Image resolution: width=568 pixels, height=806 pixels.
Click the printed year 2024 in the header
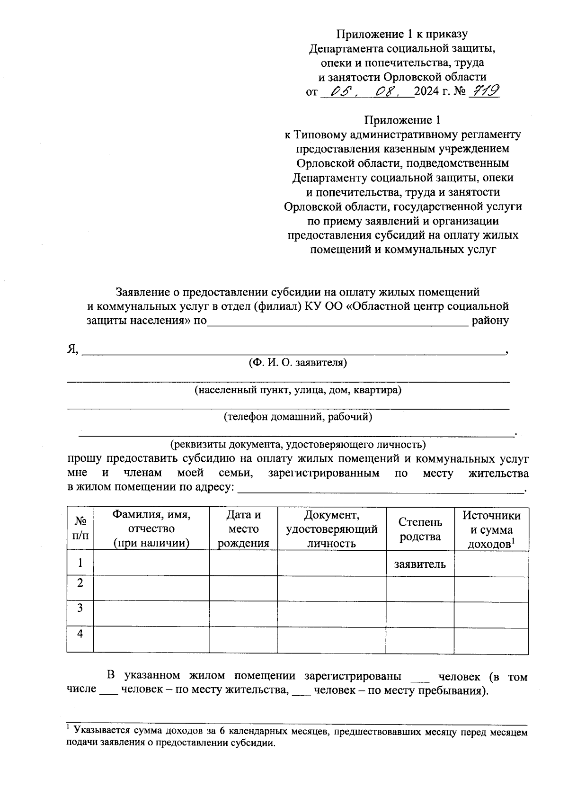426,92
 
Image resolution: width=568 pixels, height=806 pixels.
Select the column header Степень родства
420,529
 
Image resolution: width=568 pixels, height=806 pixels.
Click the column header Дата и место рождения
243,529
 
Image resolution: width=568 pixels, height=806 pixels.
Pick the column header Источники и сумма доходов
491,529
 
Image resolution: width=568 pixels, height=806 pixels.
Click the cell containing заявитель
420,564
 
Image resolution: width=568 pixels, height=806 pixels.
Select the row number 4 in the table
80,633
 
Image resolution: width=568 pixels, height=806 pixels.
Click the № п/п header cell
80,528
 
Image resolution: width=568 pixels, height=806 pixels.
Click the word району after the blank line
490,321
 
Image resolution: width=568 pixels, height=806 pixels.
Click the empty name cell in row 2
151,588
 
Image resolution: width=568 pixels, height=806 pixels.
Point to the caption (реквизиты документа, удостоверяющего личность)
298,445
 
